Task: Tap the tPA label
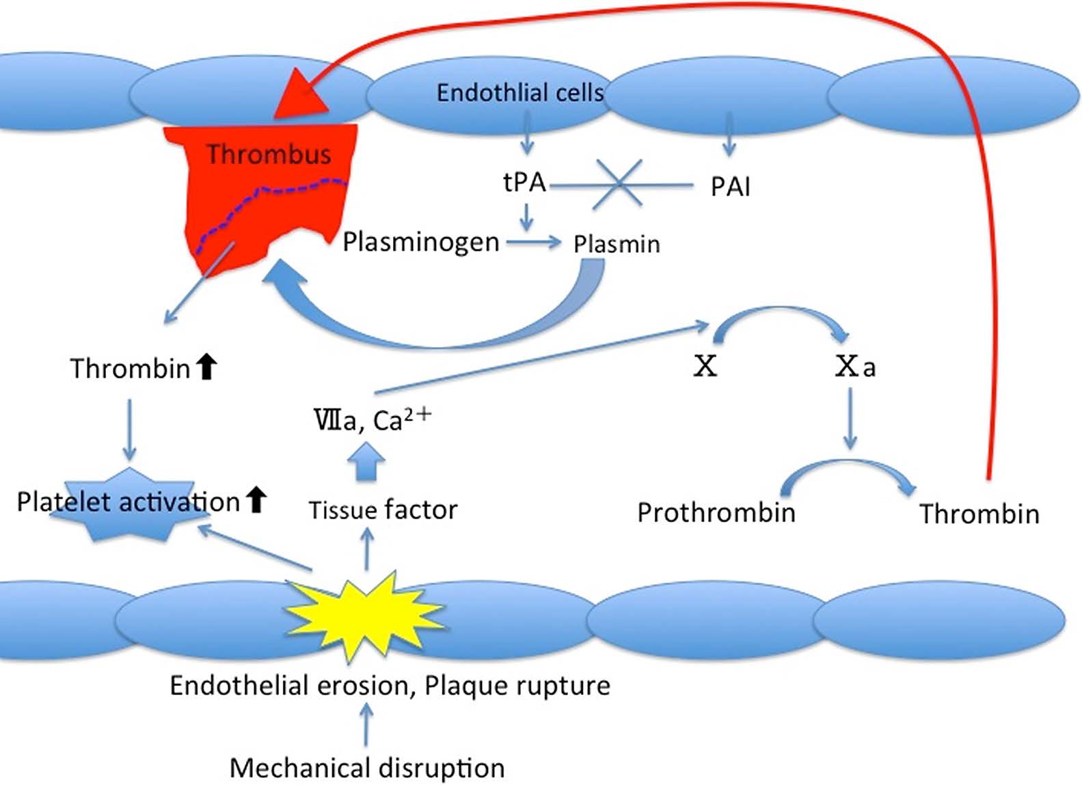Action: (x=524, y=182)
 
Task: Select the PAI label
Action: (x=730, y=187)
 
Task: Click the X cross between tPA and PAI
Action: (x=619, y=183)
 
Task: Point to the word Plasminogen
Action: (x=420, y=242)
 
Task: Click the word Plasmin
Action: (x=617, y=244)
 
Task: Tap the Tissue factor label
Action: (x=383, y=510)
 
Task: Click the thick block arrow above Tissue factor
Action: (x=366, y=462)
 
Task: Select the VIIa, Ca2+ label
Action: (x=372, y=419)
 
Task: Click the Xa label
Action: (x=854, y=367)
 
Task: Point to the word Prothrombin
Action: (x=716, y=512)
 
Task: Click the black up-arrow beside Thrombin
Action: (x=206, y=367)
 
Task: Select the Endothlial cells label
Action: (x=519, y=92)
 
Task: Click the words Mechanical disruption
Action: (x=367, y=768)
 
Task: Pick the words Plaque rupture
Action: (x=517, y=685)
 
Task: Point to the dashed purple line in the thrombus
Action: (x=273, y=191)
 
